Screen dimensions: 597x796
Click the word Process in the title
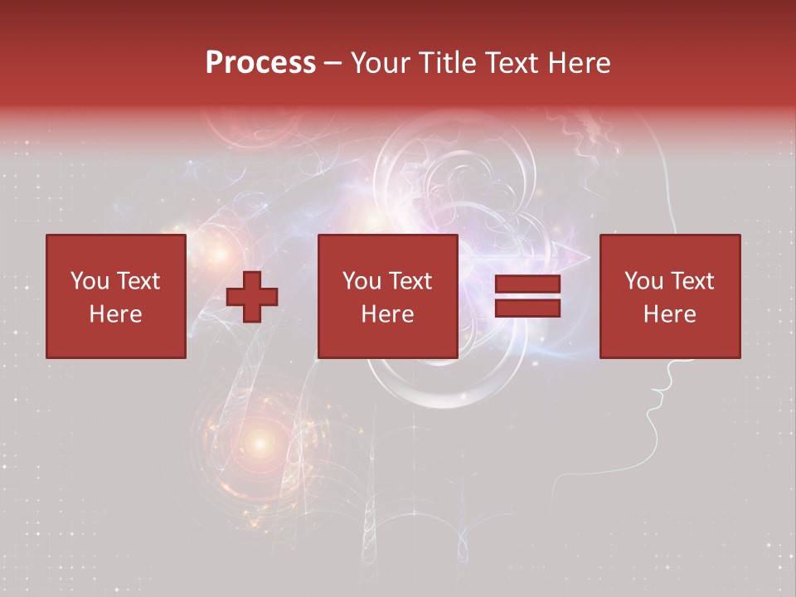coord(260,63)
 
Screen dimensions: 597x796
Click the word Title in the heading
coord(447,63)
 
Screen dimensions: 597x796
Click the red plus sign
coord(252,297)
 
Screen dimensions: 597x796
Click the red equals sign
coord(528,297)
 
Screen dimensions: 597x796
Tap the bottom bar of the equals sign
coord(528,308)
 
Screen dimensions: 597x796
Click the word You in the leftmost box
coord(87,281)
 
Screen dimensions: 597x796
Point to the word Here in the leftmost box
coord(116,314)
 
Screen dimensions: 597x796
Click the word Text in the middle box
coord(410,281)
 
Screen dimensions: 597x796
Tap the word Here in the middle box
coord(388,314)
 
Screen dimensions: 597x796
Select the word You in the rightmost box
coord(642,281)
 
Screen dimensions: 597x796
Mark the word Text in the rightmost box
coord(692,281)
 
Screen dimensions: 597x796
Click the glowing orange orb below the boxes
coord(260,444)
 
